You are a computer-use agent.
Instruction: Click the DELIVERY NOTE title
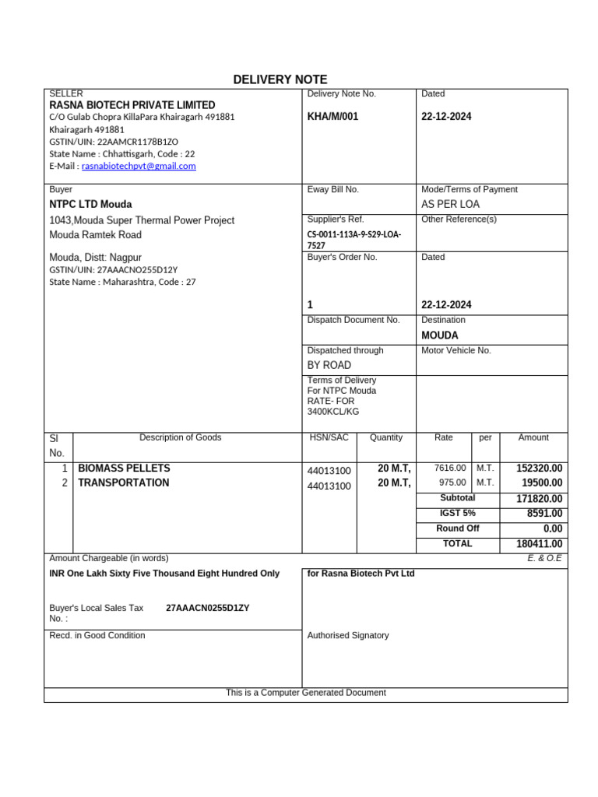[280, 79]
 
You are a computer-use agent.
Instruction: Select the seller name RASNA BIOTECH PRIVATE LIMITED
[132, 105]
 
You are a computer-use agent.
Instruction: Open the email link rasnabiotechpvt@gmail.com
[139, 166]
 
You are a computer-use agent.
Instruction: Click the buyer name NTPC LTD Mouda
[90, 204]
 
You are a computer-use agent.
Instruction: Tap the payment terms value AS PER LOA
[450, 204]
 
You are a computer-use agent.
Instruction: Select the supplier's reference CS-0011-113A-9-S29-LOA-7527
[354, 240]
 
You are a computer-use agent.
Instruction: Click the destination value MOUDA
[440, 335]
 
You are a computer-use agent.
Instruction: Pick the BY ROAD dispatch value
[329, 365]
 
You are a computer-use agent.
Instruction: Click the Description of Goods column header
[180, 437]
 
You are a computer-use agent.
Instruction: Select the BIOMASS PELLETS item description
[124, 469]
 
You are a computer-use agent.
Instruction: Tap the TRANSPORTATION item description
[123, 483]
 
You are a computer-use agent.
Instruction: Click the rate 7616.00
[450, 469]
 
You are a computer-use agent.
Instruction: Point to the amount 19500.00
[541, 483]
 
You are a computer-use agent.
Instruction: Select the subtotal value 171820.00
[539, 498]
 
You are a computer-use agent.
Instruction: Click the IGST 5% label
[457, 513]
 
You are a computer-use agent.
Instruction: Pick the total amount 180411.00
[539, 544]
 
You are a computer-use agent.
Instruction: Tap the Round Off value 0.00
[552, 528]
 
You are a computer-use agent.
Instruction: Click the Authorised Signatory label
[348, 635]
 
